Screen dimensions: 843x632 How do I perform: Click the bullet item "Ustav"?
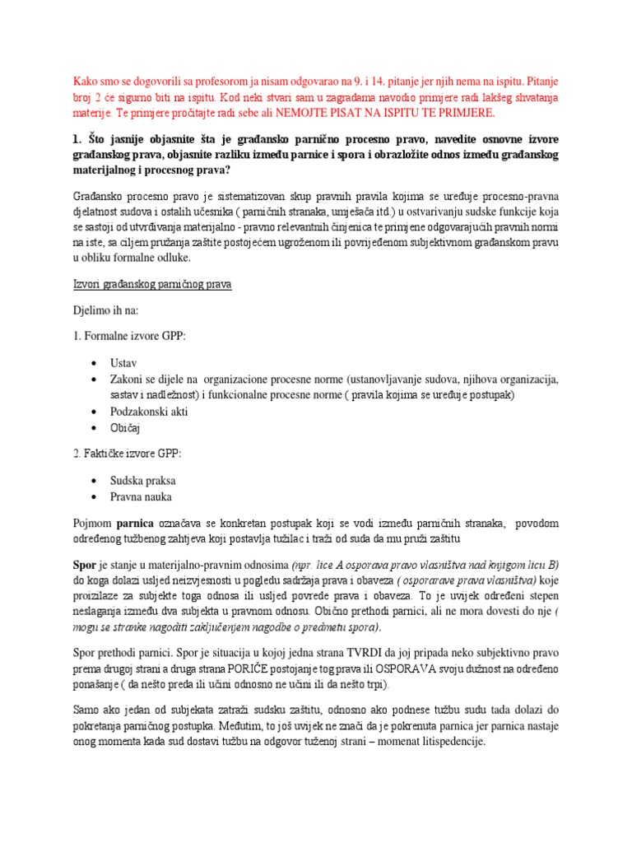point(123,363)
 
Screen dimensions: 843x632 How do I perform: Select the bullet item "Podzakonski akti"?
point(149,411)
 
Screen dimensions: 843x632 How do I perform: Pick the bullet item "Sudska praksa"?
point(142,480)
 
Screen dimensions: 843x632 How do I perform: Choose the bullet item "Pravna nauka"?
point(142,496)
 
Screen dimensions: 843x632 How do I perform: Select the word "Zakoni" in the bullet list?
point(128,380)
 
